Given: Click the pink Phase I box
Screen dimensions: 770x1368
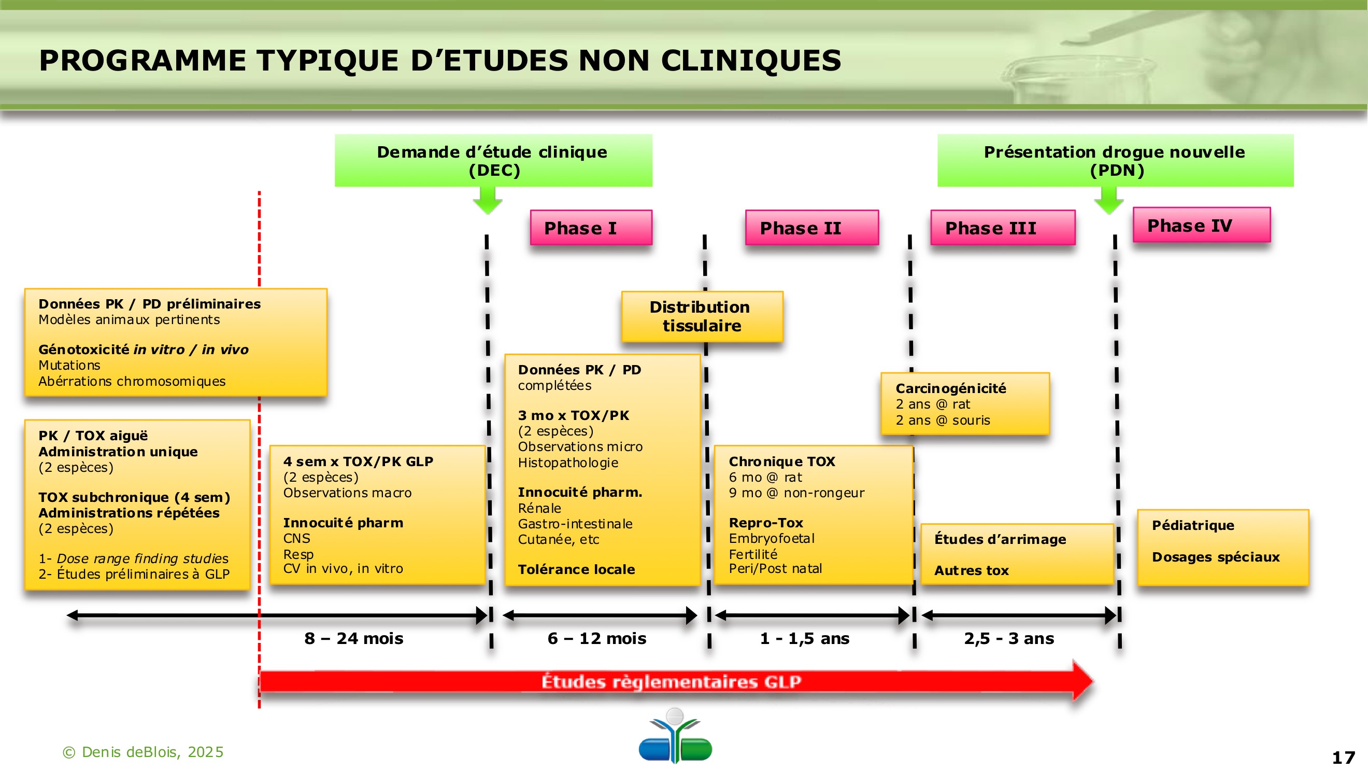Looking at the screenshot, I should (591, 228).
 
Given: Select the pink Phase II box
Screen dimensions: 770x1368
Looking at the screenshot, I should (812, 228).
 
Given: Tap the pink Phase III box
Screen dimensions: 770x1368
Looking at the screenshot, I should (1003, 228).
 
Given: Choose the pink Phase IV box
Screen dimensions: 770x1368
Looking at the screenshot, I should (1201, 225).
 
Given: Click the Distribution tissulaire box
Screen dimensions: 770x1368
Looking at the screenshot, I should (702, 316).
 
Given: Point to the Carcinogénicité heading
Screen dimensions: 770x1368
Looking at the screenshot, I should (950, 388).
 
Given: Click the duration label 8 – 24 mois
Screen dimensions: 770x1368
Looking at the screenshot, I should (354, 638).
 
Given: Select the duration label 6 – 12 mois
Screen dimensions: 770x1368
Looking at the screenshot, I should (597, 638).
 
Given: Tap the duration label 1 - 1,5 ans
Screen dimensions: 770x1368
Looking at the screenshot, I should (805, 638).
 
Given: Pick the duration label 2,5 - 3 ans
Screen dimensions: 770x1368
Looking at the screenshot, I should (1009, 638).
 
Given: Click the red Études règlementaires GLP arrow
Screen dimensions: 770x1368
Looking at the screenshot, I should (671, 681).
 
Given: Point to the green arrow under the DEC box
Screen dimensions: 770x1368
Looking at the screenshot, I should (488, 200).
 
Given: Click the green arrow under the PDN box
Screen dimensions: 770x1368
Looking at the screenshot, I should (1109, 200).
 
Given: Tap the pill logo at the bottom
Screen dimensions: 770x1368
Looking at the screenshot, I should (675, 736).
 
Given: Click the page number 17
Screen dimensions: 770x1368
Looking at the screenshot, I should (1344, 757).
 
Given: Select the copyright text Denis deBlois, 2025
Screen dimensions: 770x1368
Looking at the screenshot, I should (144, 752).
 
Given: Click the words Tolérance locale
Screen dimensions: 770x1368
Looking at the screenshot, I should (576, 570).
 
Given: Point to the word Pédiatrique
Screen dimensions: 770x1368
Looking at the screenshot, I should (1193, 525).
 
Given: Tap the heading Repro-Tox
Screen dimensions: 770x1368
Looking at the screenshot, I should (766, 523).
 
